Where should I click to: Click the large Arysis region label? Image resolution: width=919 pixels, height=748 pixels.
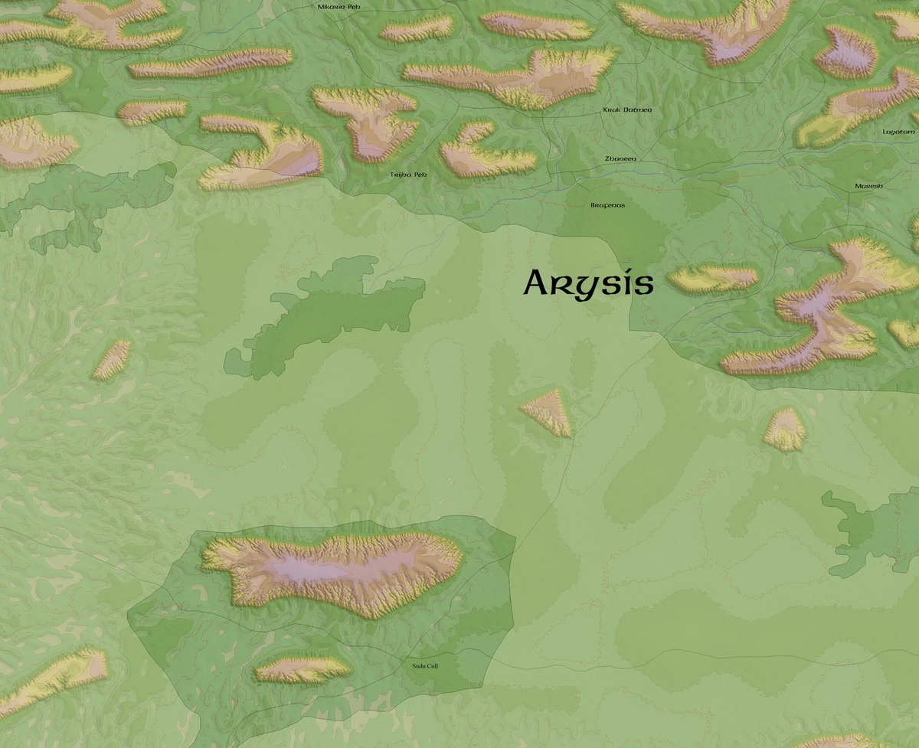coord(588,284)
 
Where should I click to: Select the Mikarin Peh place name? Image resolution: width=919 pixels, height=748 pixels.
coord(338,7)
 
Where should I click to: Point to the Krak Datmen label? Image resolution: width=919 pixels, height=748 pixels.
coord(627,110)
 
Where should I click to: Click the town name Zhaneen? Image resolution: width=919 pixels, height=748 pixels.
coord(620,158)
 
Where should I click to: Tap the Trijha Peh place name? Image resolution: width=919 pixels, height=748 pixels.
coord(407,175)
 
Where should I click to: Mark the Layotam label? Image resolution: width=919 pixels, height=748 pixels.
coord(898,132)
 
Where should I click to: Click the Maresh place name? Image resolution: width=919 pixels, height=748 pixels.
coord(869,186)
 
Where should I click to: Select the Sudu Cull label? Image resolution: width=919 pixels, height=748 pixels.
coord(425,666)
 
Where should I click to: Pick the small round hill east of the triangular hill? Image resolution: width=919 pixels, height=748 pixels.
coord(785,430)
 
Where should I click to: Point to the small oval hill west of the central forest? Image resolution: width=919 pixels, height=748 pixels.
coord(112,359)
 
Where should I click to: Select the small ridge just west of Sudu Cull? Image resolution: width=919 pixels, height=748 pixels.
coord(303,670)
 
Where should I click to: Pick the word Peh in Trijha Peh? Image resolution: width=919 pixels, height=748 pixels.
coord(420,175)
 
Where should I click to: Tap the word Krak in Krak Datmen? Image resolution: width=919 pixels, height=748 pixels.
coord(611,110)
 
